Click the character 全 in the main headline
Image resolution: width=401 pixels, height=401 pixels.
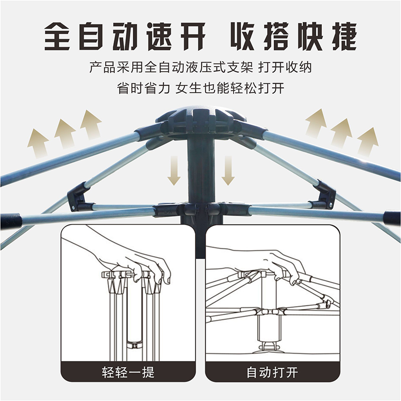tap(57, 36)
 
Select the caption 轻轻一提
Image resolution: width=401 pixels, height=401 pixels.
tap(128, 372)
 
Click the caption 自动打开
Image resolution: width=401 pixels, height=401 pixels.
tap(272, 372)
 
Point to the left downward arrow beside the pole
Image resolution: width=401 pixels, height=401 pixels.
tap(174, 170)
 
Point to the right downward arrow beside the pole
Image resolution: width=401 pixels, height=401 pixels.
tap(228, 170)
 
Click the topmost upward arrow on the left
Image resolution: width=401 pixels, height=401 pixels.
tap(90, 124)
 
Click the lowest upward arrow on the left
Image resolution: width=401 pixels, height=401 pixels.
tap(39, 143)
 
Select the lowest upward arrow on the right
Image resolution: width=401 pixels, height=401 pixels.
tap(368, 142)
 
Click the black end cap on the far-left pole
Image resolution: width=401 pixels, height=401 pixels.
tap(10, 222)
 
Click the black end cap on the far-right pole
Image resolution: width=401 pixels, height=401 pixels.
tap(392, 218)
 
